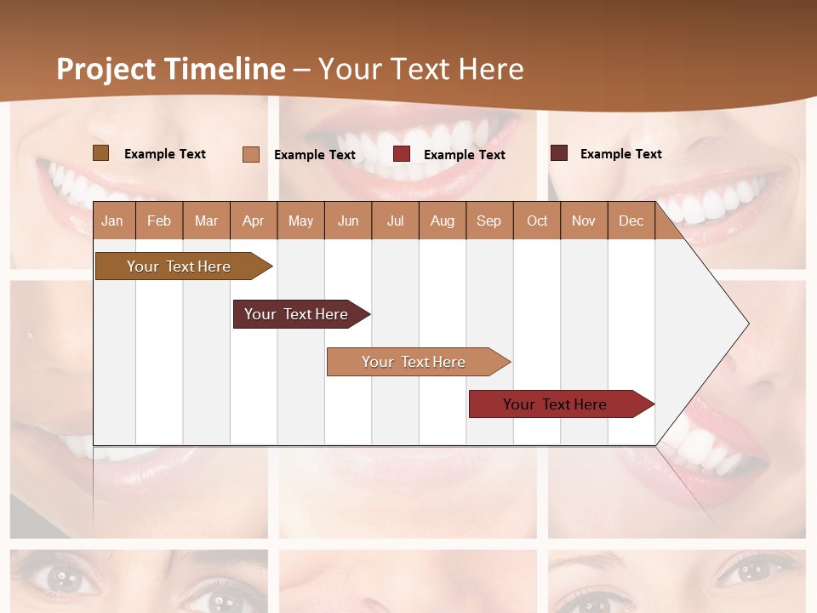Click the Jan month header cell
(113, 221)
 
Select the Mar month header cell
(206, 221)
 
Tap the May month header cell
(300, 221)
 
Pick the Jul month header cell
(395, 221)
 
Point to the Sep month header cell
(489, 221)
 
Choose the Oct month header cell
(537, 221)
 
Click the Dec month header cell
(631, 221)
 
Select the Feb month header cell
(159, 221)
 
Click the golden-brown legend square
(100, 153)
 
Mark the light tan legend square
(250, 154)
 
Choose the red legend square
(402, 154)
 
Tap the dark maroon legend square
(559, 153)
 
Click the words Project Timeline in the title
(171, 69)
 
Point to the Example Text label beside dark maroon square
(620, 154)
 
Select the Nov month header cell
(584, 221)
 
